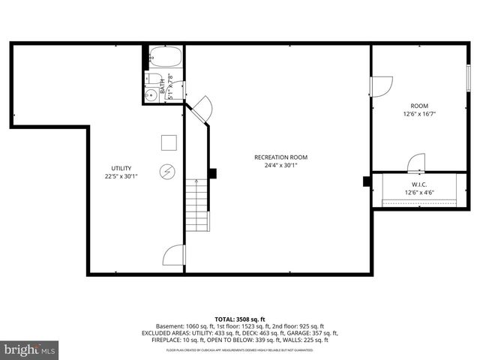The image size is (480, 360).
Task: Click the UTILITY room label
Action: coord(121,168)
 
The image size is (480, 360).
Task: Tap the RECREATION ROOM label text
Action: coord(281,157)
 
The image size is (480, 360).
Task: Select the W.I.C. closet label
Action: coord(419,184)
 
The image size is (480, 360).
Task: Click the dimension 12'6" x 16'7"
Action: coord(419,114)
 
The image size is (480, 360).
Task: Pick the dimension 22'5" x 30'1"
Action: coord(121,177)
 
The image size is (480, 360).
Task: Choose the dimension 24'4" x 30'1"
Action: coord(281,166)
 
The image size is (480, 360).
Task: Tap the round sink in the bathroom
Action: coord(150,94)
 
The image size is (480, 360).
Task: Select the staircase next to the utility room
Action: coord(196,206)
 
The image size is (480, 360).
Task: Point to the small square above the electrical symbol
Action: coord(168,141)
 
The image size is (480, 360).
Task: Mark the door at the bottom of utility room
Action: coord(174,255)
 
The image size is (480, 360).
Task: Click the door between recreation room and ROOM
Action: coord(381,85)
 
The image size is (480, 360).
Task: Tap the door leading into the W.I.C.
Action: coord(416,163)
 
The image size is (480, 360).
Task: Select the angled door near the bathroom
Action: coord(199,109)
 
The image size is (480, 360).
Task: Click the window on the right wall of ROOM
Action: coord(469,78)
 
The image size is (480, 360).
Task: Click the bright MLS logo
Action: coord(30,349)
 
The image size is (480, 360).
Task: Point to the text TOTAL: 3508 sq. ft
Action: coord(240,319)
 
